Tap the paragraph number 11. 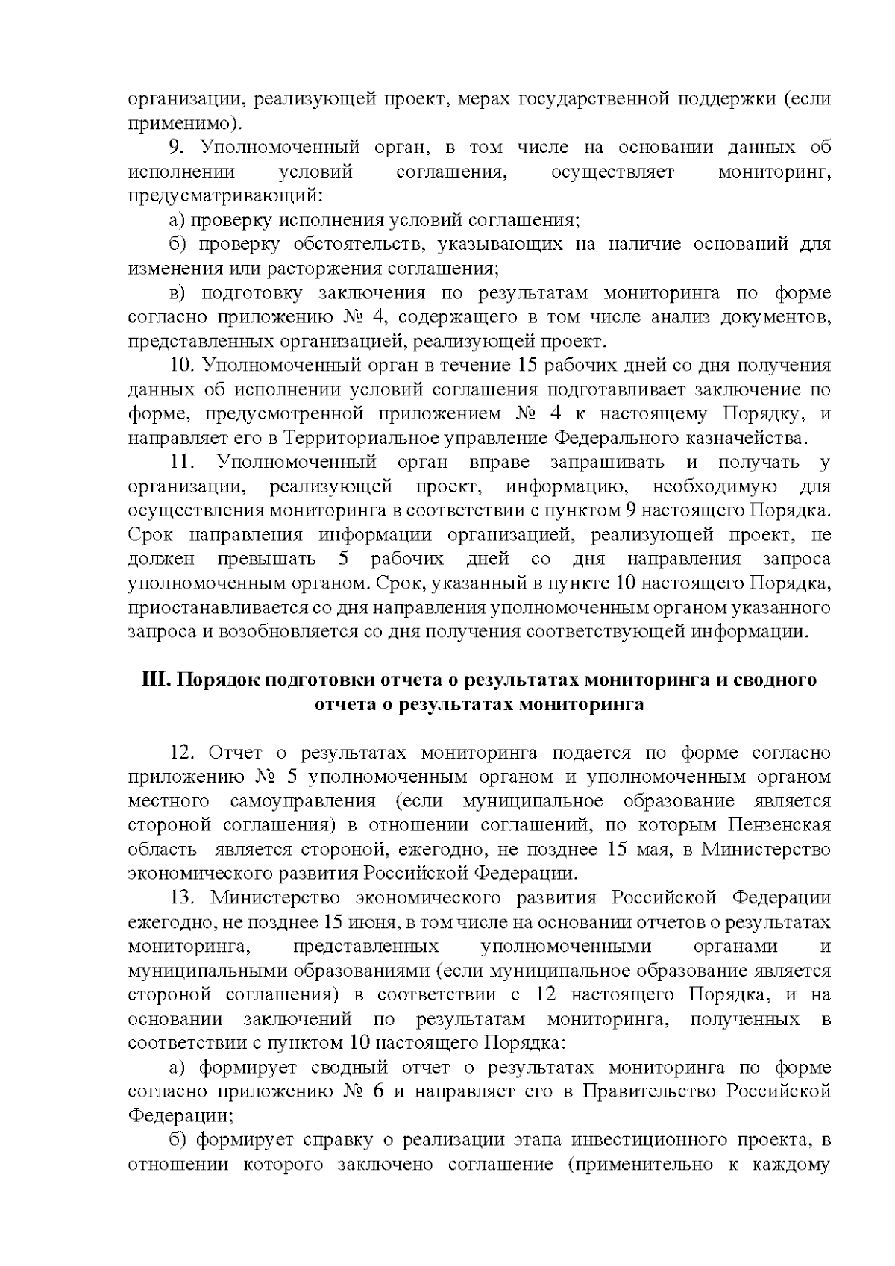pyautogui.click(x=182, y=463)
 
